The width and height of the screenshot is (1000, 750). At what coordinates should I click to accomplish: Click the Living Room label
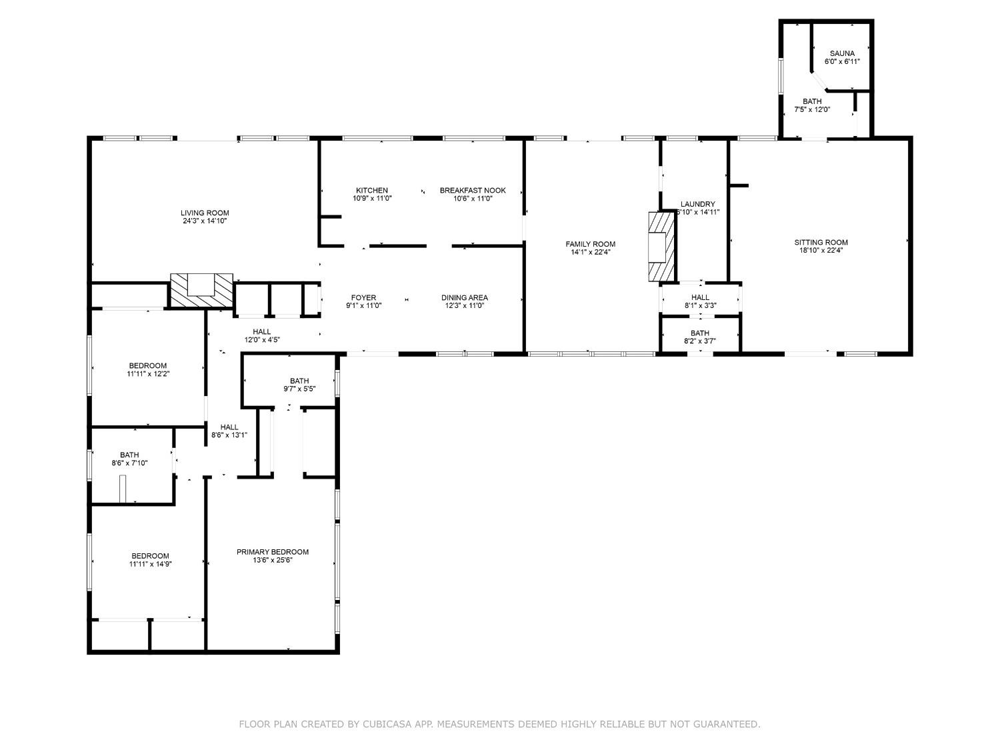click(x=205, y=213)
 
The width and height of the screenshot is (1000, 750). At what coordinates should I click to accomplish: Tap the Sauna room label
click(x=842, y=53)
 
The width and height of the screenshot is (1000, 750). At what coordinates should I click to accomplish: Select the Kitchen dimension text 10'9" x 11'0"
click(x=372, y=198)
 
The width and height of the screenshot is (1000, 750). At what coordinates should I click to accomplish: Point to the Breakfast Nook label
click(x=473, y=191)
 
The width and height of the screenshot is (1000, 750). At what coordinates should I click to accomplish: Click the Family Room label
click(x=591, y=244)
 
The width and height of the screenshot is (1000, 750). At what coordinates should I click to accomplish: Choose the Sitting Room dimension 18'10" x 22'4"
click(x=821, y=250)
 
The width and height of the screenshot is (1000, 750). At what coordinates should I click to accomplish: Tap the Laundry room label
click(x=697, y=204)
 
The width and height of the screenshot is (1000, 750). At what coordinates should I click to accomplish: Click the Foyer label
click(x=363, y=298)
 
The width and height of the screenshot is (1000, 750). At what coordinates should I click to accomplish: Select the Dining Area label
click(x=464, y=298)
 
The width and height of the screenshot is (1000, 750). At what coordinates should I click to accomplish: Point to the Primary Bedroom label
click(x=273, y=552)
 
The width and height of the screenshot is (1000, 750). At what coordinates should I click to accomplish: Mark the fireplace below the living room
click(x=201, y=291)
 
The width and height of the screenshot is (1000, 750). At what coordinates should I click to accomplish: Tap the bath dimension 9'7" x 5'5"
click(x=299, y=389)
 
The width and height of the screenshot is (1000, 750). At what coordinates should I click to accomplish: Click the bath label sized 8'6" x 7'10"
click(x=129, y=455)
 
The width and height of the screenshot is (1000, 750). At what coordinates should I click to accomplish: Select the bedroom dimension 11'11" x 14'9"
click(x=151, y=564)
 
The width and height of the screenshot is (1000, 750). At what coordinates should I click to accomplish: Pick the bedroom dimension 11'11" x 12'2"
click(x=148, y=374)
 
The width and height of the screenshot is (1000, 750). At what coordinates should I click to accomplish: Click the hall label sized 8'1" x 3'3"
click(x=700, y=297)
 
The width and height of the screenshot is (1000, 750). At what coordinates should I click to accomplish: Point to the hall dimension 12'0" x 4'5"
click(x=262, y=340)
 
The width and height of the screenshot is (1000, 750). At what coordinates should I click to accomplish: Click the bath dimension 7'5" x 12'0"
click(x=812, y=109)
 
